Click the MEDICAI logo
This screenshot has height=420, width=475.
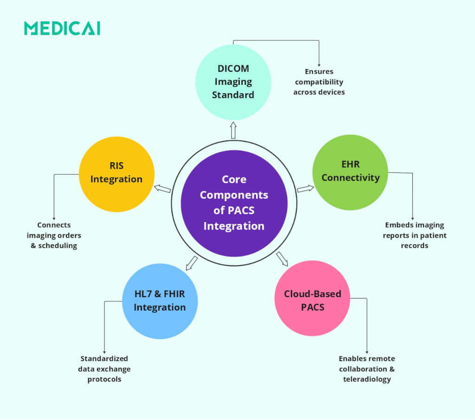point(62,28)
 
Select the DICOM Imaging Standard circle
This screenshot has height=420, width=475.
point(233,82)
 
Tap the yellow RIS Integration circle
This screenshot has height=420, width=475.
point(116,174)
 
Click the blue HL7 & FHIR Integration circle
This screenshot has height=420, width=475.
point(160,301)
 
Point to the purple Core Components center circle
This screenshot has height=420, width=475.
point(234,203)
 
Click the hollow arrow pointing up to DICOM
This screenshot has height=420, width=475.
point(233,130)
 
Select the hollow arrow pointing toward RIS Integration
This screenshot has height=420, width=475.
point(162,189)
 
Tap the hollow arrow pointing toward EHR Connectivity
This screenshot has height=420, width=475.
point(305,188)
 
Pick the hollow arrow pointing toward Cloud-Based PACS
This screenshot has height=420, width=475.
point(282,259)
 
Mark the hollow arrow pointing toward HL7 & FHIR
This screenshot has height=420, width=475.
point(191,263)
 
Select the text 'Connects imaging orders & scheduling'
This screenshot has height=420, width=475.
point(54,235)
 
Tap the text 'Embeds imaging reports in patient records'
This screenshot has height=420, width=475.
point(414,235)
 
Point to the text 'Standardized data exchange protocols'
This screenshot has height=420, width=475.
point(104,369)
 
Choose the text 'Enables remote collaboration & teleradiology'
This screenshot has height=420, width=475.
point(367,369)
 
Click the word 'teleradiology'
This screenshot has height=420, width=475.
point(367,379)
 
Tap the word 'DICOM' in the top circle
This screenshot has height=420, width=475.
point(233,69)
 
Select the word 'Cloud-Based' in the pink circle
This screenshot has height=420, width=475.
point(312,294)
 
